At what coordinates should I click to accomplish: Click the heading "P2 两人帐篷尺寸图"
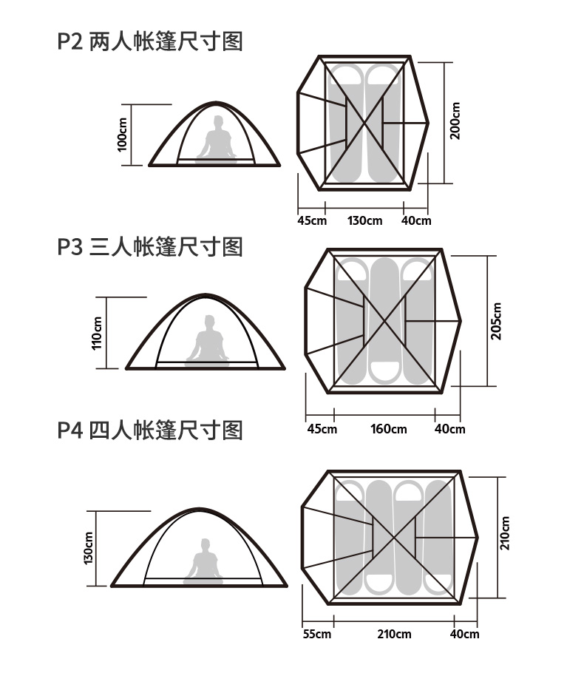150,41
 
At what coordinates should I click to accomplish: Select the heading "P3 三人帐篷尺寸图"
150,246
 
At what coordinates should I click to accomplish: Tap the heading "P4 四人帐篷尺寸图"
150,430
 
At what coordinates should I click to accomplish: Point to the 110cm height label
97,333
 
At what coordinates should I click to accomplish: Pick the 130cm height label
89,548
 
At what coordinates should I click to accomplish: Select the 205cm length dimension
496,321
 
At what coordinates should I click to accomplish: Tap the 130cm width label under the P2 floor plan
365,220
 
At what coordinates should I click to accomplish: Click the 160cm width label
389,429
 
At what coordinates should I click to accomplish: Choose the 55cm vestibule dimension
316,634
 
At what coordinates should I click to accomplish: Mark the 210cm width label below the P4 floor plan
394,634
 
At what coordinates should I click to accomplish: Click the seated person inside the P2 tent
217,139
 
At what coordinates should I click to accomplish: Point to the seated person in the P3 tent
208,340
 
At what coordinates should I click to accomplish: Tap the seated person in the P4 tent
203,561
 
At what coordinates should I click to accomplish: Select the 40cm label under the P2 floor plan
416,220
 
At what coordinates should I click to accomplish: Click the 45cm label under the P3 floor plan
322,429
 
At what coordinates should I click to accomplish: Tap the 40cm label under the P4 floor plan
465,634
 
